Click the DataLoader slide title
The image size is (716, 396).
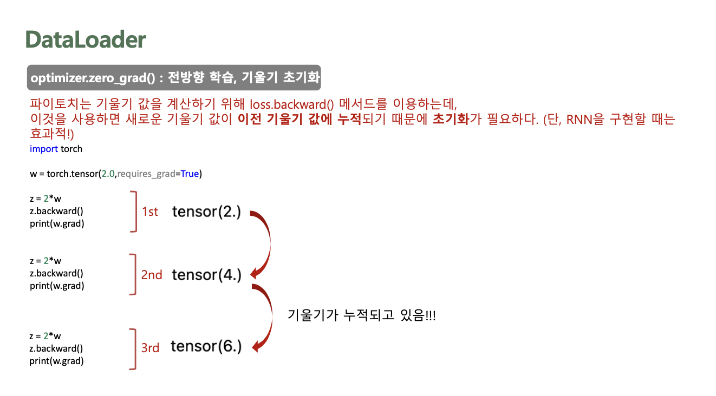[86, 40]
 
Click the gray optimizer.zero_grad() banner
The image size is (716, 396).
[174, 78]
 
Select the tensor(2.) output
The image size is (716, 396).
[206, 212]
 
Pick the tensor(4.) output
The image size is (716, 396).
[206, 275]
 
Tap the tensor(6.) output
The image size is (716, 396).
[206, 346]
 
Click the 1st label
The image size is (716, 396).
[150, 212]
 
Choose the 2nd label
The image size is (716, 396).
[152, 275]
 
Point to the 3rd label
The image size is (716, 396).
[150, 348]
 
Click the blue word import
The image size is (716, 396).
[44, 149]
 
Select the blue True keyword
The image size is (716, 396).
[190, 174]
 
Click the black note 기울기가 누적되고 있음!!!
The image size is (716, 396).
[362, 315]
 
